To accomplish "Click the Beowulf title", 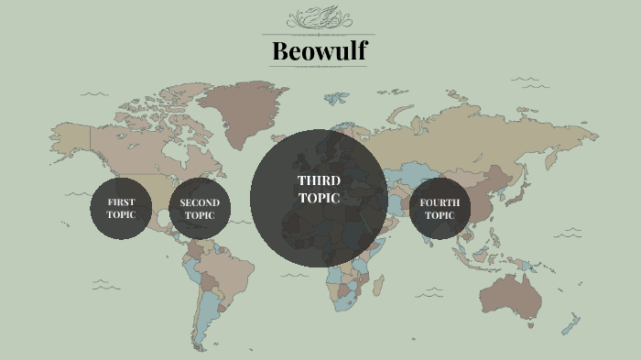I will [x=319, y=50].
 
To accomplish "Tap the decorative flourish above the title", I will [x=319, y=19].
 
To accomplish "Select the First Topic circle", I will [x=120, y=209].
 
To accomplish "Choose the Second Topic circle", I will [x=200, y=209].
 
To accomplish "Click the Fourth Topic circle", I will [x=440, y=209].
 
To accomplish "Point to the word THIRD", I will [x=319, y=180].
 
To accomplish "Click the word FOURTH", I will [x=440, y=202].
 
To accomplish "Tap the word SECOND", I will [x=200, y=202].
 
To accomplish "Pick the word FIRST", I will [x=120, y=202].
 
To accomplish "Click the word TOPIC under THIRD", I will [x=319, y=197].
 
